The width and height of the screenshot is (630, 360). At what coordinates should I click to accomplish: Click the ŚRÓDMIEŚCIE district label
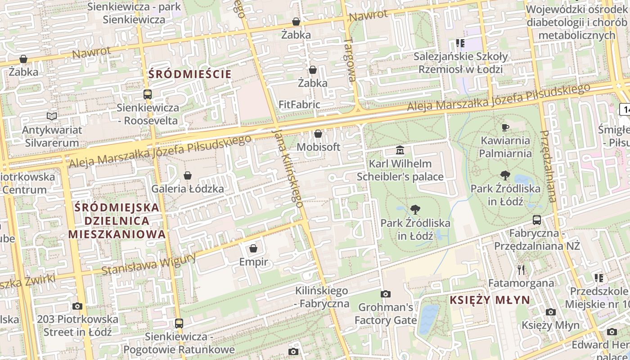(189, 74)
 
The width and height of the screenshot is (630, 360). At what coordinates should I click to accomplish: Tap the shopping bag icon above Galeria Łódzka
(188, 175)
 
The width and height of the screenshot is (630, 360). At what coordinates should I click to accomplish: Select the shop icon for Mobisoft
(318, 134)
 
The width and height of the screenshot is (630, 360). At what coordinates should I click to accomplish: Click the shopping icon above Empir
(253, 248)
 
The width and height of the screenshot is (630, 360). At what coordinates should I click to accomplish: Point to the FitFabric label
(299, 105)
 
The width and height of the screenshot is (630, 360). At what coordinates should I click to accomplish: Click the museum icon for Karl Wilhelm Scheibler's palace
(400, 150)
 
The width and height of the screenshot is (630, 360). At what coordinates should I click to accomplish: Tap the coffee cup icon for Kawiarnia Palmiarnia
(505, 127)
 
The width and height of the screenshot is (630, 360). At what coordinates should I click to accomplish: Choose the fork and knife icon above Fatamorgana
(521, 270)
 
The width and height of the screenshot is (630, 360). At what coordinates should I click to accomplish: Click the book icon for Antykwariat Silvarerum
(52, 117)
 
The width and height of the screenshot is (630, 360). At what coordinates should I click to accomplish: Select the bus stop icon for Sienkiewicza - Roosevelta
(148, 94)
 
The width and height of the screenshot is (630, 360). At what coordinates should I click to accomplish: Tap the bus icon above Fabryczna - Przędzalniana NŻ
(537, 220)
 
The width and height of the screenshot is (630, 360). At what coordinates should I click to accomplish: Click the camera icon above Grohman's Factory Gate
(386, 294)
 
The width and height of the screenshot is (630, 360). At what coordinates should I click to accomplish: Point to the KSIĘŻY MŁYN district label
(490, 300)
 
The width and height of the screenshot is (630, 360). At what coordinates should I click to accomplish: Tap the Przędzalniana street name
(548, 166)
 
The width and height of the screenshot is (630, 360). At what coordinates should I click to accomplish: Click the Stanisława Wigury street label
(148, 264)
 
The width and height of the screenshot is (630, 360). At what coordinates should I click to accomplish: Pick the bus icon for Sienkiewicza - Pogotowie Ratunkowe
(179, 323)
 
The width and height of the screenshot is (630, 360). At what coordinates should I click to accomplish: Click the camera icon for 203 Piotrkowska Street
(77, 306)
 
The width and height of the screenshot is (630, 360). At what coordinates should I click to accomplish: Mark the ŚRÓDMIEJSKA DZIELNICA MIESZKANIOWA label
(117, 221)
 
